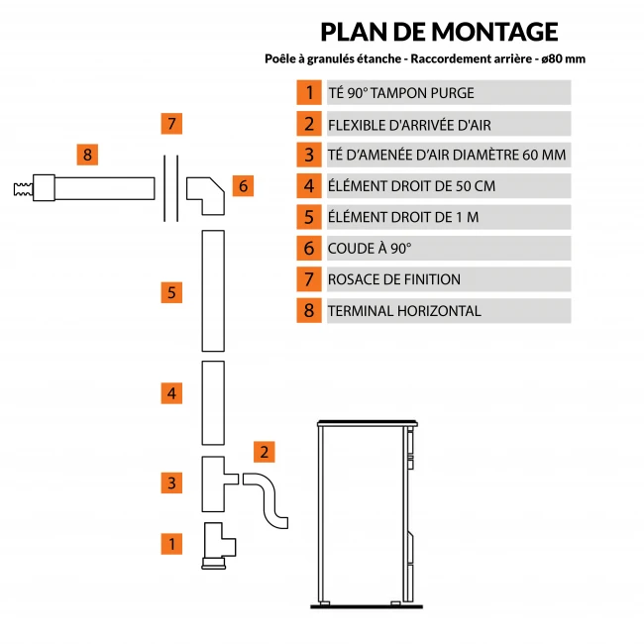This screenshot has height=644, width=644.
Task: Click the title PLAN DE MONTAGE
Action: tap(439, 32)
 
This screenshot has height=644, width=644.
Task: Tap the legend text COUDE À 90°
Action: tap(370, 248)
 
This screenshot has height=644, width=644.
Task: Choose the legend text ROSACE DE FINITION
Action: tap(394, 279)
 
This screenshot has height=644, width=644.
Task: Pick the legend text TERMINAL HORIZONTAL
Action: tap(404, 310)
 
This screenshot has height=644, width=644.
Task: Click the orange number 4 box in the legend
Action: tap(309, 185)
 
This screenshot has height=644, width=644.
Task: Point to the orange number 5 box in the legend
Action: tap(309, 217)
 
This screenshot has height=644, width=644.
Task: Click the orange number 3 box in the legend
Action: tap(309, 155)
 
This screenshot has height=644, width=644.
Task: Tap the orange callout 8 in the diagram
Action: tap(87, 155)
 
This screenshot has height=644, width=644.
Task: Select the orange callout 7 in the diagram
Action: tap(171, 125)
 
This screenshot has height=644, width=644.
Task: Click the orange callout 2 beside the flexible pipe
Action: tap(264, 452)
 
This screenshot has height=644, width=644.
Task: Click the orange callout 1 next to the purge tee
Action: tap(171, 543)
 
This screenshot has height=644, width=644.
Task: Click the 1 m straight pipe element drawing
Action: tap(213, 290)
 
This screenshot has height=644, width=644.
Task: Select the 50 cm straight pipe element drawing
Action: tap(213, 403)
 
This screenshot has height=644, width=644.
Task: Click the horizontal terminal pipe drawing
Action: tap(99, 187)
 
